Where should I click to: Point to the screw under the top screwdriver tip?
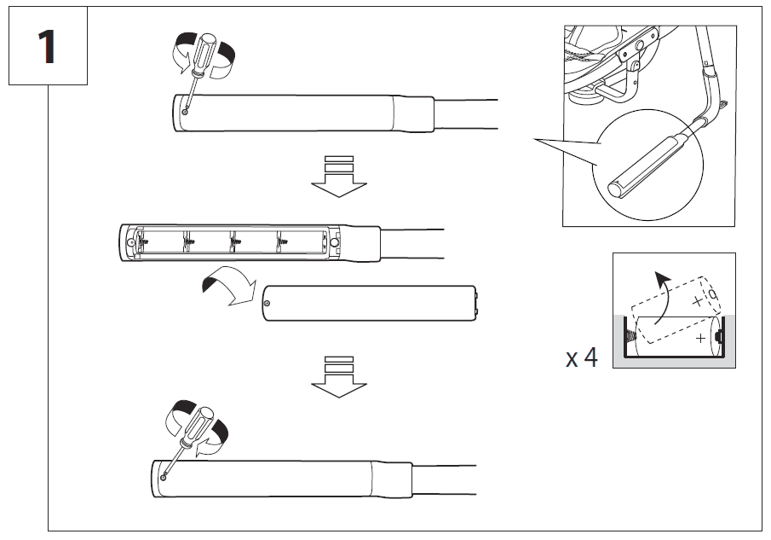pos(185,109)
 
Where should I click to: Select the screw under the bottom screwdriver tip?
pos(163,479)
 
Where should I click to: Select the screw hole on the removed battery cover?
pos(268,303)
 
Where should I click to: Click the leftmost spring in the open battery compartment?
pos(140,242)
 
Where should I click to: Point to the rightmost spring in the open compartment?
pos(280,242)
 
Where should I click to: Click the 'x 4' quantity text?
pos(582,357)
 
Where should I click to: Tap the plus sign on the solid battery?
pos(700,339)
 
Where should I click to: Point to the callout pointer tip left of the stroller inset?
pos(533,138)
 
